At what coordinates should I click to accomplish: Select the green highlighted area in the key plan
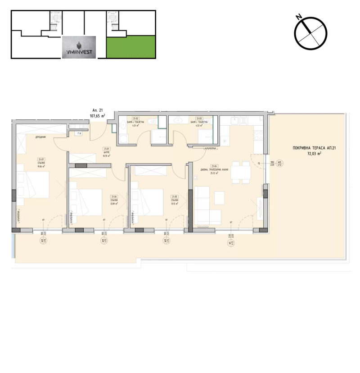coord(131,47)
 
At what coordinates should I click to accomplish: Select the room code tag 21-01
coord(107,149)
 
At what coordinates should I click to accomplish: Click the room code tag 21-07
coord(41,159)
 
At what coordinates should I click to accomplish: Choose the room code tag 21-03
coord(198,118)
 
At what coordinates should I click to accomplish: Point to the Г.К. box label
coord(79,133)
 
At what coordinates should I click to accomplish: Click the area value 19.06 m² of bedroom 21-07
coord(41,166)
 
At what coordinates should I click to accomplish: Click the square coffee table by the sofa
coord(220,198)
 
